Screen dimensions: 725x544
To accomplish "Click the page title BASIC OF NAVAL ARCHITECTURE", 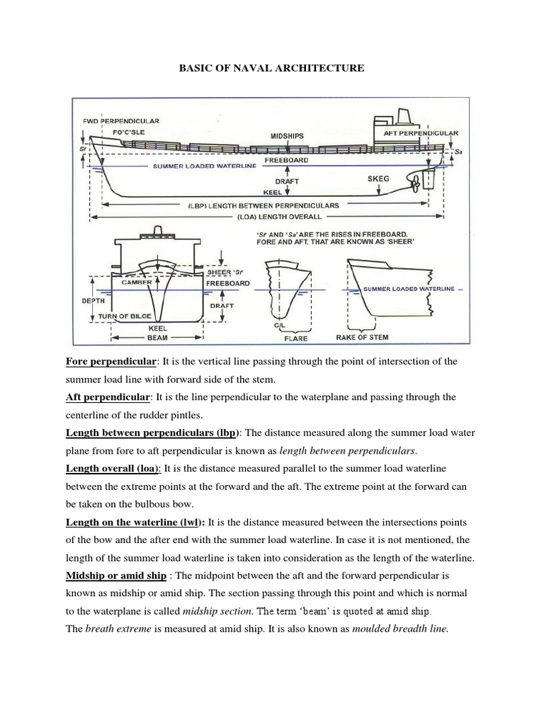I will [272, 68].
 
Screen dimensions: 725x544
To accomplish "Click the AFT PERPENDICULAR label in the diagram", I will [421, 132].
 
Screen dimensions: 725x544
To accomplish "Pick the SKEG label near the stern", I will [378, 180].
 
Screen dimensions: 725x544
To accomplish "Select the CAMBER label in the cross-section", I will [137, 282].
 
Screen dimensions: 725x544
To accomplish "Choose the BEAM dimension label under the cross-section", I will [157, 338].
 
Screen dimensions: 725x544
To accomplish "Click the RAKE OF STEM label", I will [363, 337].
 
